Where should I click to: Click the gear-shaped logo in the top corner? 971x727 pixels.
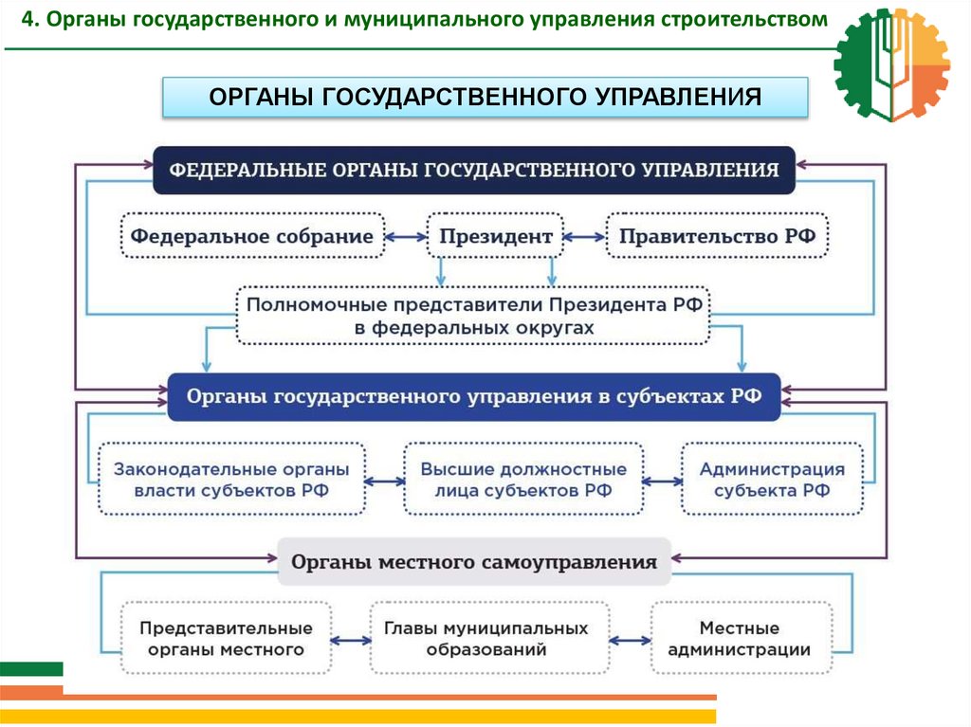point(891,64)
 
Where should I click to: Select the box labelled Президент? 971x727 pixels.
point(494,236)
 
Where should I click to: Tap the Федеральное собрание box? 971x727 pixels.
point(252,236)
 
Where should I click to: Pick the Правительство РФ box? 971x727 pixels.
point(717,236)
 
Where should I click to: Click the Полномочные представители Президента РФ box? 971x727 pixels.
point(473,316)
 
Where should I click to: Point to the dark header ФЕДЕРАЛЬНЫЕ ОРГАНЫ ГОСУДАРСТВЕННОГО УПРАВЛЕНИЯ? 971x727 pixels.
point(473,171)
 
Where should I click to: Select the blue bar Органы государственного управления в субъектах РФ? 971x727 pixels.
point(473,396)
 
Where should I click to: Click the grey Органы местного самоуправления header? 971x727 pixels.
point(473,562)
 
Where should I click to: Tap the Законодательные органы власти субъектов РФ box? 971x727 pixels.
point(231,480)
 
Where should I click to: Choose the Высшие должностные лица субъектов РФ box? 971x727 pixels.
point(523,480)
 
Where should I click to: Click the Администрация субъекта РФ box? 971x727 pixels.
point(772,480)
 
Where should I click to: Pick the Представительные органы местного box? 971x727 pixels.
point(226,639)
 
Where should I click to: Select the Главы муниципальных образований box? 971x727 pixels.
point(486,639)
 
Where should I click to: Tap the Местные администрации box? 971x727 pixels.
point(740,639)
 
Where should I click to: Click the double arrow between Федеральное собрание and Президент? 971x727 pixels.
point(406,236)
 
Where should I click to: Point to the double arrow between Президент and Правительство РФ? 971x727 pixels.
point(584,236)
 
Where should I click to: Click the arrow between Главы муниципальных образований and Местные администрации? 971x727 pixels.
point(630,640)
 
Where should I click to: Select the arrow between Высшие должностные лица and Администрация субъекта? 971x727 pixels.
point(662,481)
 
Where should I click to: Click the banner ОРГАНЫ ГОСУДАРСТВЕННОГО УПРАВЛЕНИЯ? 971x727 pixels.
point(485,98)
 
